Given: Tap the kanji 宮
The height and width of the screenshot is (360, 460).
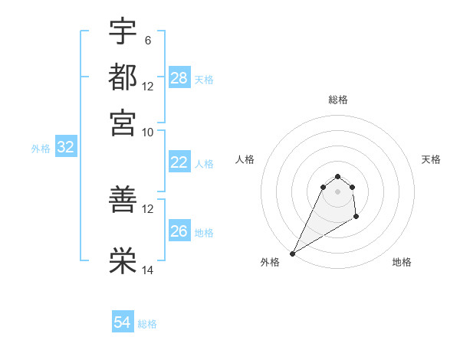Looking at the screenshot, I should (x=123, y=123).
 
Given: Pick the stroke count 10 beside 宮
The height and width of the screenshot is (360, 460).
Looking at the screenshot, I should (x=148, y=132).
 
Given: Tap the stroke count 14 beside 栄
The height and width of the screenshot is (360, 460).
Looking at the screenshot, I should (x=148, y=270).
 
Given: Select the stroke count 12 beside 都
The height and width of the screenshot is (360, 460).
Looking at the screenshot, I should (x=148, y=86).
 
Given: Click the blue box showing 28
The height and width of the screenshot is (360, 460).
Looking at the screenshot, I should (x=179, y=78).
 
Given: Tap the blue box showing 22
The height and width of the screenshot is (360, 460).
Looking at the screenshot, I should (x=179, y=162).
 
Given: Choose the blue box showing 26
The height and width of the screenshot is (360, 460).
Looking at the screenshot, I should (x=179, y=231).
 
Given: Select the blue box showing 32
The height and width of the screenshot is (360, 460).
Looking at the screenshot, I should (x=65, y=148).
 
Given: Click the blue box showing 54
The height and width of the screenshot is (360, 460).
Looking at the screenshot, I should (x=123, y=322).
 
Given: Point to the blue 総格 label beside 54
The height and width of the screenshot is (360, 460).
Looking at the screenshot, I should (x=147, y=324).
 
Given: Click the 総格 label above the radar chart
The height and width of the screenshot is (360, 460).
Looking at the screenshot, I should (x=337, y=100).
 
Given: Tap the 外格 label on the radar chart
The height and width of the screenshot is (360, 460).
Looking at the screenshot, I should (x=270, y=262).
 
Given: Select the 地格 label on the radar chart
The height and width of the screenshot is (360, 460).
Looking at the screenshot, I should (x=402, y=262).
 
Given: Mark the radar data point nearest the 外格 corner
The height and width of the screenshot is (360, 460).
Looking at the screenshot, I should (x=292, y=254).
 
